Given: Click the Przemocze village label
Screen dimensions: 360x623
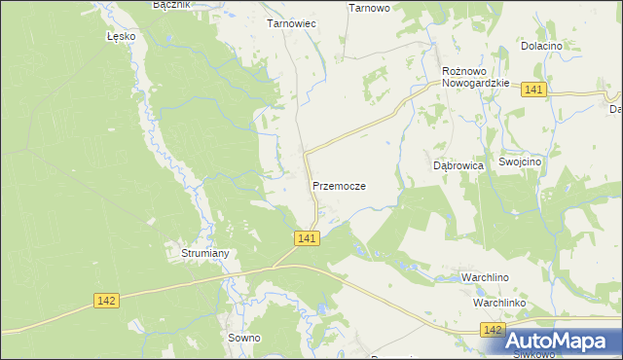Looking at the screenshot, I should click(x=339, y=185).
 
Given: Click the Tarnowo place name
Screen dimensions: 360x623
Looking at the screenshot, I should click(x=369, y=7).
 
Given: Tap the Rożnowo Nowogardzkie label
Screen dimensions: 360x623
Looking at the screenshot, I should click(x=476, y=77).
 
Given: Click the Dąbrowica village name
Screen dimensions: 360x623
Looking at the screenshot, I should click(x=458, y=165).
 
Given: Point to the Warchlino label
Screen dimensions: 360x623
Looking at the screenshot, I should click(x=486, y=277).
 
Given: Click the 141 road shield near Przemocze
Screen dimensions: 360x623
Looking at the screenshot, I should click(x=306, y=238).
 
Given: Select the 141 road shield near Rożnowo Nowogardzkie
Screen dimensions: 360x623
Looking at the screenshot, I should click(x=532, y=90).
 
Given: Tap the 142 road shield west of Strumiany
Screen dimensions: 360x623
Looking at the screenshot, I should click(x=107, y=301).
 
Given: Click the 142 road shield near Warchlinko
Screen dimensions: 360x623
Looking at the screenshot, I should click(x=493, y=332).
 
